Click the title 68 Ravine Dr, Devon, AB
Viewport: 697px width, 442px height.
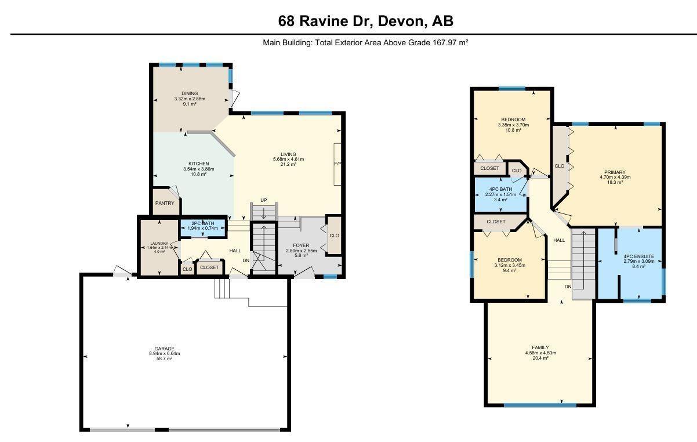pyautogui.click(x=365, y=21)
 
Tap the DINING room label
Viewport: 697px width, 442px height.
pyautogui.click(x=190, y=93)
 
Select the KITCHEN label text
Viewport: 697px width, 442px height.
pyautogui.click(x=198, y=164)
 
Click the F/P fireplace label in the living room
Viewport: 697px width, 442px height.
pyautogui.click(x=337, y=164)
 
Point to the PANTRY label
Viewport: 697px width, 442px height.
pyautogui.click(x=165, y=203)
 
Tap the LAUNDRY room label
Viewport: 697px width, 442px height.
pyautogui.click(x=159, y=243)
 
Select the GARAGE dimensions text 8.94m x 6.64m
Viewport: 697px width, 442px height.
pyautogui.click(x=164, y=354)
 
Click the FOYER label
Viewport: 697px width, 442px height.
pyautogui.click(x=302, y=245)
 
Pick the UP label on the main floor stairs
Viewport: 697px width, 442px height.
pyautogui.click(x=264, y=200)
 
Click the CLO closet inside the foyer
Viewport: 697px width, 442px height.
pyautogui.click(x=334, y=236)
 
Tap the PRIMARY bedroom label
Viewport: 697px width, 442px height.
pyautogui.click(x=615, y=172)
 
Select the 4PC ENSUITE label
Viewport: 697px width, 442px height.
pyautogui.click(x=634, y=256)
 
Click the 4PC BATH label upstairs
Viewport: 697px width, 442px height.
pyautogui.click(x=500, y=189)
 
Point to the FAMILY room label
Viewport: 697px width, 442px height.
pyautogui.click(x=540, y=347)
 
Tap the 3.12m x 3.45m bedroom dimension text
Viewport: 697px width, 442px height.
pyautogui.click(x=509, y=265)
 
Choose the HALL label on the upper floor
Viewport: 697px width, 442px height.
pyautogui.click(x=559, y=240)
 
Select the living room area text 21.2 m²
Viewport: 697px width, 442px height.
pyautogui.click(x=288, y=164)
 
